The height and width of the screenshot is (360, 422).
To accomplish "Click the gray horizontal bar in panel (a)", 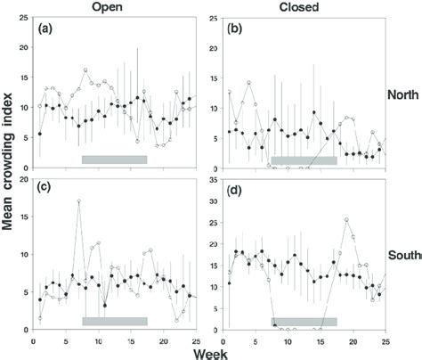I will tap(114, 160).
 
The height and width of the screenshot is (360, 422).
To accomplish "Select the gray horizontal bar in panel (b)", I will tap(304, 160).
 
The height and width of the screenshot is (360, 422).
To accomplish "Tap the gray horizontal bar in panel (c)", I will tap(114, 320).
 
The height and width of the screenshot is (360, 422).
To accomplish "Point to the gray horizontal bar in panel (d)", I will tap(304, 320).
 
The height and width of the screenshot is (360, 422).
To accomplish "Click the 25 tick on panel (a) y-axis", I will tap(23, 18).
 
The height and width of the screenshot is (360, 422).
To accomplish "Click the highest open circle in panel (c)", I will tap(79, 201).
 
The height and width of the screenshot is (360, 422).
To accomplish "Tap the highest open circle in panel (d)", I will tap(346, 219).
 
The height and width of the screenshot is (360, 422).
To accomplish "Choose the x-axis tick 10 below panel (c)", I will tap(98, 339).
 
